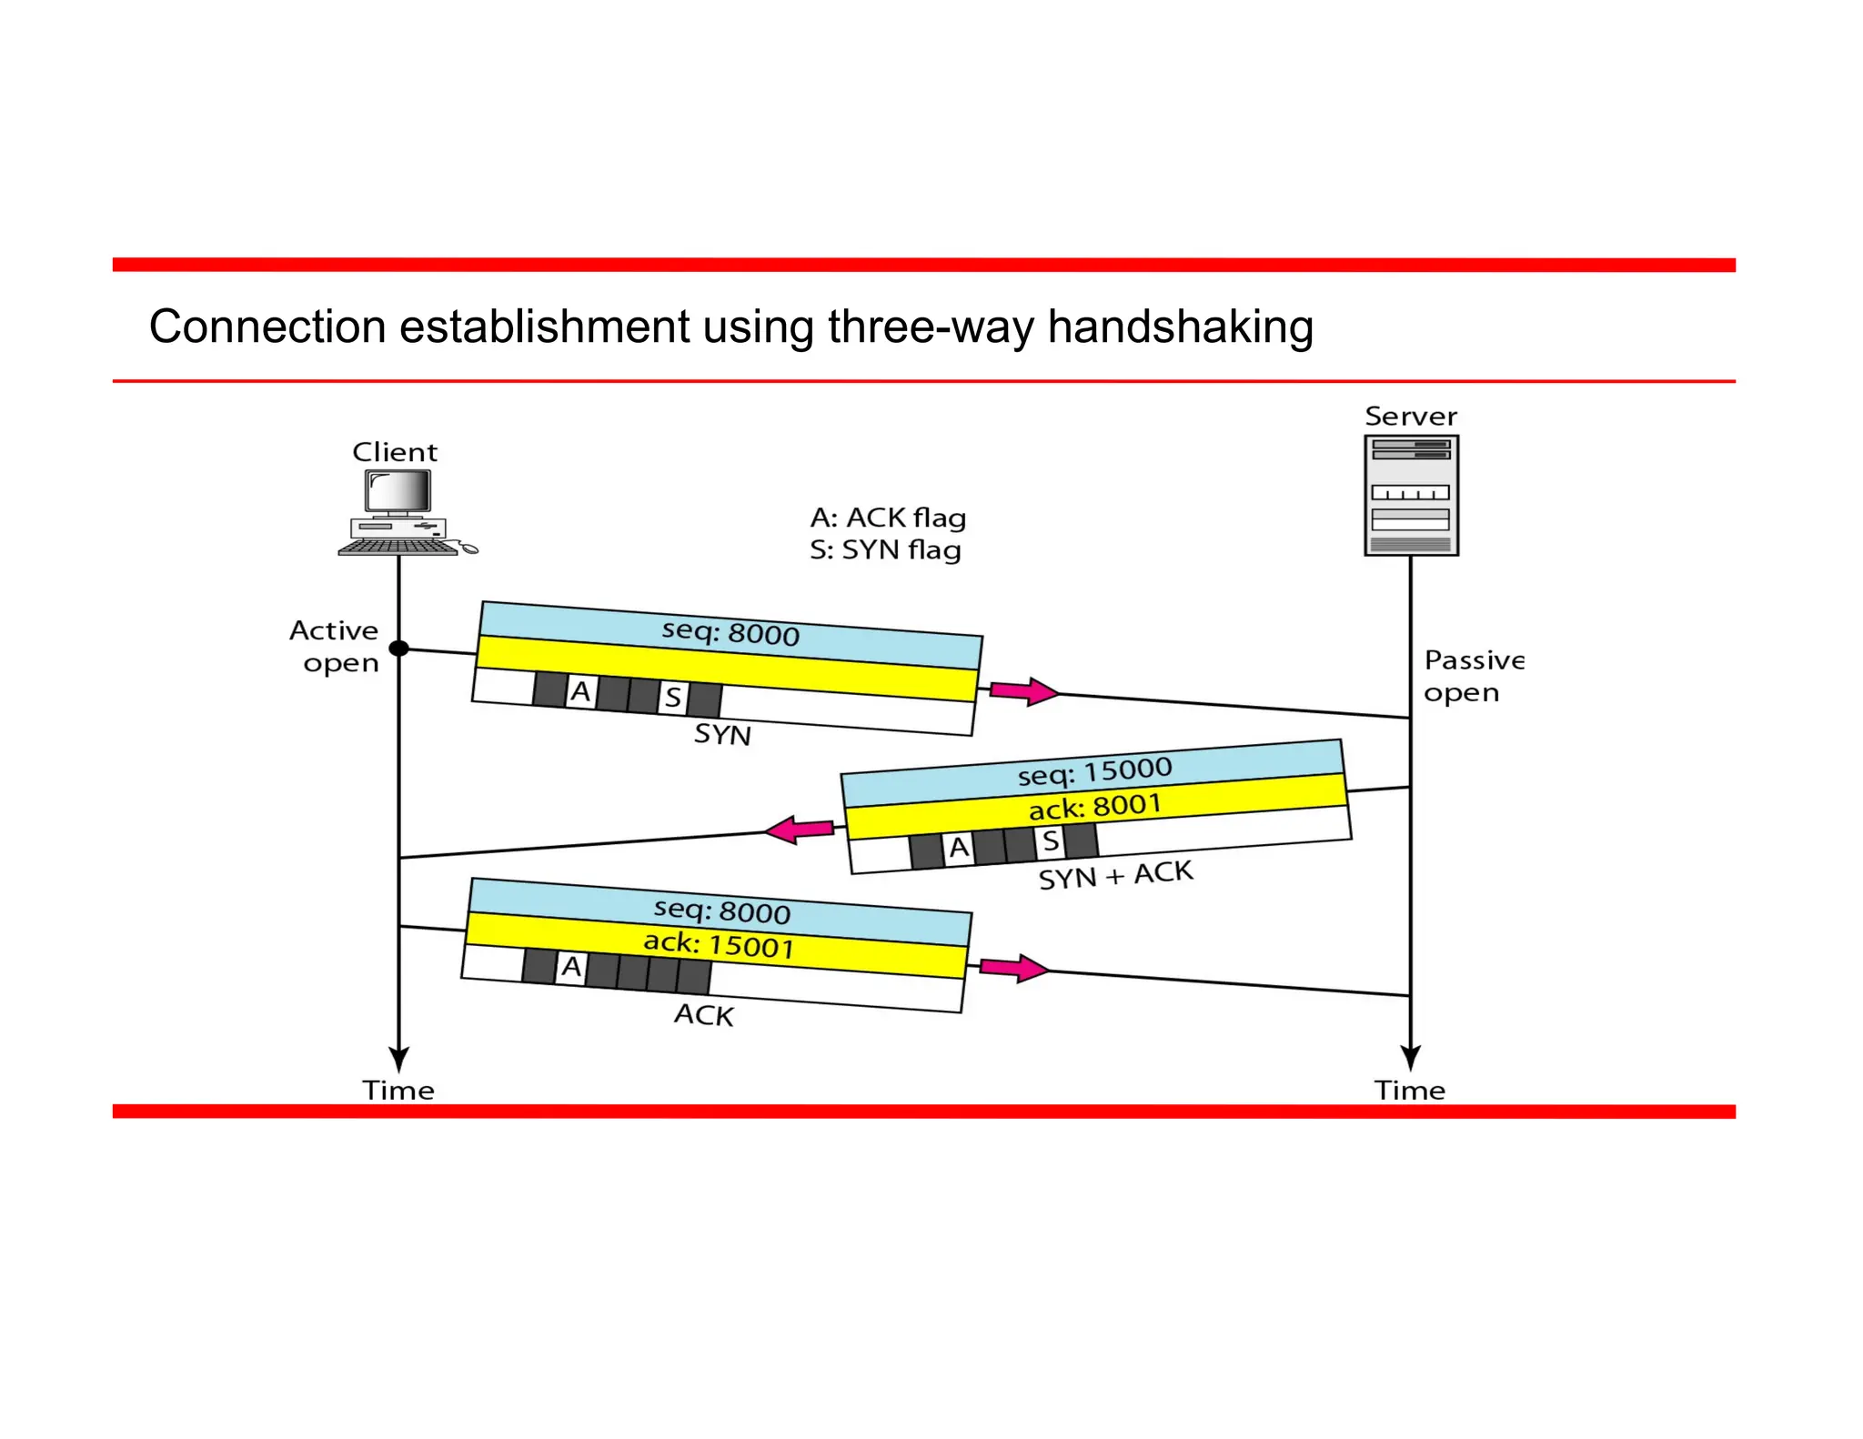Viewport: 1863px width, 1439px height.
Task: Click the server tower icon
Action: coord(1411,495)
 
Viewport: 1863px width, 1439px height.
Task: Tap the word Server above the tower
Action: coord(1410,417)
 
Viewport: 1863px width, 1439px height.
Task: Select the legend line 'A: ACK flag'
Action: coord(888,518)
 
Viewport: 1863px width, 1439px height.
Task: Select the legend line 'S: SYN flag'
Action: coord(885,549)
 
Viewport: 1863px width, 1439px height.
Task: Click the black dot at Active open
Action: coord(398,648)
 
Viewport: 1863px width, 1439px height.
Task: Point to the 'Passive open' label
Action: coord(1472,676)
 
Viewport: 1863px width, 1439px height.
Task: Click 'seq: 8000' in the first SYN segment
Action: coord(730,632)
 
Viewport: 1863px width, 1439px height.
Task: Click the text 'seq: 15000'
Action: coord(1094,771)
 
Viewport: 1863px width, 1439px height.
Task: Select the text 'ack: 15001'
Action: coord(719,944)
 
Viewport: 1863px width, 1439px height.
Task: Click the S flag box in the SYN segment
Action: coord(672,697)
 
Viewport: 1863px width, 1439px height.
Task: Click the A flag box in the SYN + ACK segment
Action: coord(958,848)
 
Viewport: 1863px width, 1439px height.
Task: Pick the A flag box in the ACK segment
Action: coord(570,966)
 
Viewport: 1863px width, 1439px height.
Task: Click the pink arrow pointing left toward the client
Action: coord(799,829)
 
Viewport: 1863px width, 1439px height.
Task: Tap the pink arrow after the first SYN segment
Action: coord(1023,691)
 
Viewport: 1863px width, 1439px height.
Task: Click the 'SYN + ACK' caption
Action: coord(1115,875)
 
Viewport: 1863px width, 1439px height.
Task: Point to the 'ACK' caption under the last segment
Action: coord(703,1014)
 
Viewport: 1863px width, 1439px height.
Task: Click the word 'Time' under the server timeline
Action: coord(1409,1090)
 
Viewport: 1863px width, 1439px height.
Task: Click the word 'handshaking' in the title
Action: coord(1180,327)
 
